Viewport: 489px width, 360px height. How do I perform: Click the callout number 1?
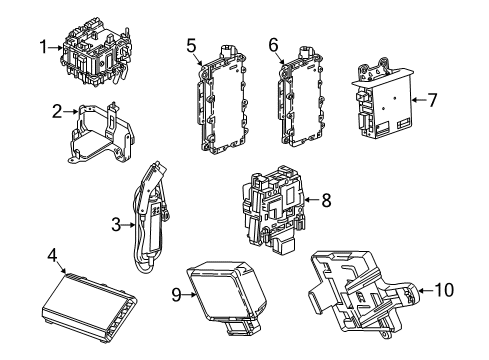tap(44, 45)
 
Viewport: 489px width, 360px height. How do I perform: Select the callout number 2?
tap(56, 111)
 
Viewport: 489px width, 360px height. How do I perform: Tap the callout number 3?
tap(117, 225)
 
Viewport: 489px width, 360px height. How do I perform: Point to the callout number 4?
tap(51, 256)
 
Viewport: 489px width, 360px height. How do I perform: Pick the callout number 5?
tap(190, 44)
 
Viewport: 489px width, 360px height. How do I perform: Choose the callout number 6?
tap(272, 44)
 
